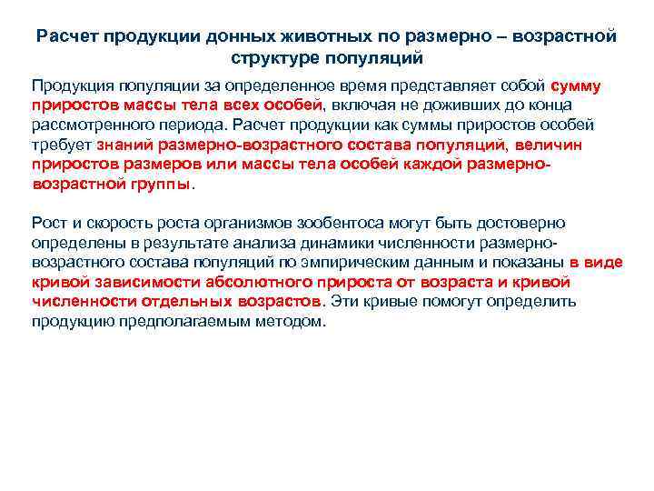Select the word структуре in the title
click(275, 59)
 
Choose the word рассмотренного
click(86, 125)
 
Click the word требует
click(61, 145)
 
